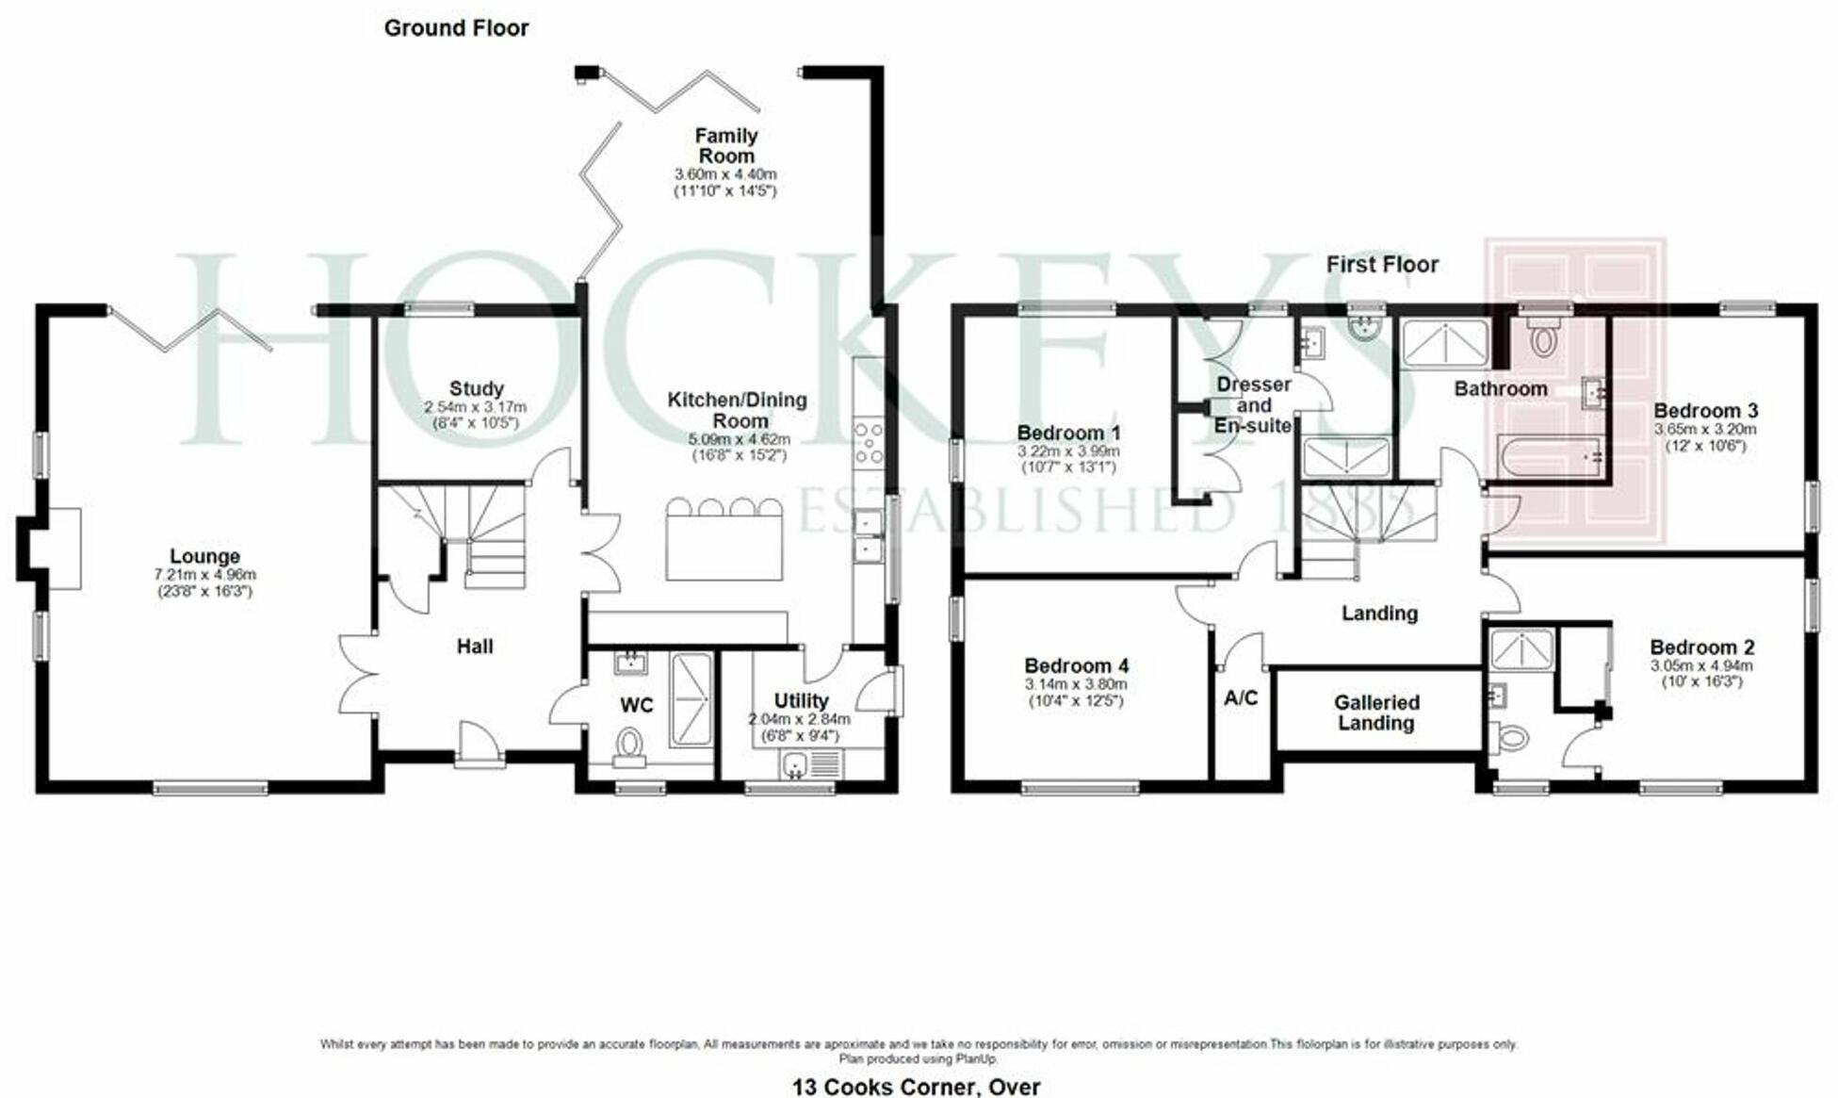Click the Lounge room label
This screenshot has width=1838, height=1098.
204,556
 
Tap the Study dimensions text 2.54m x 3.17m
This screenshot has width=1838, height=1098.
475,407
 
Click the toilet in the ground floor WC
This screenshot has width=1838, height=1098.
628,746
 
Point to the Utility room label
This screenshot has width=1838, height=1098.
801,700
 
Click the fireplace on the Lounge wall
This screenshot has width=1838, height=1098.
52,549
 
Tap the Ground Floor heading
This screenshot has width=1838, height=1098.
456,28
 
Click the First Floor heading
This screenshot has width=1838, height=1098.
1381,265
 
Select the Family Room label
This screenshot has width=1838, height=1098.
725,146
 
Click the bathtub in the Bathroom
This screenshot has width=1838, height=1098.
1549,456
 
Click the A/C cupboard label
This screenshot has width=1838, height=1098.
1240,698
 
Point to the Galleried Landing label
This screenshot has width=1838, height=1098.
1375,713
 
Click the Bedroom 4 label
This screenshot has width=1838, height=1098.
1076,665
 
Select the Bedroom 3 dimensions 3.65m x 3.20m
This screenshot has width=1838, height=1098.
1704,429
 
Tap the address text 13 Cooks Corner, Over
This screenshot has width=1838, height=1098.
916,1087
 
